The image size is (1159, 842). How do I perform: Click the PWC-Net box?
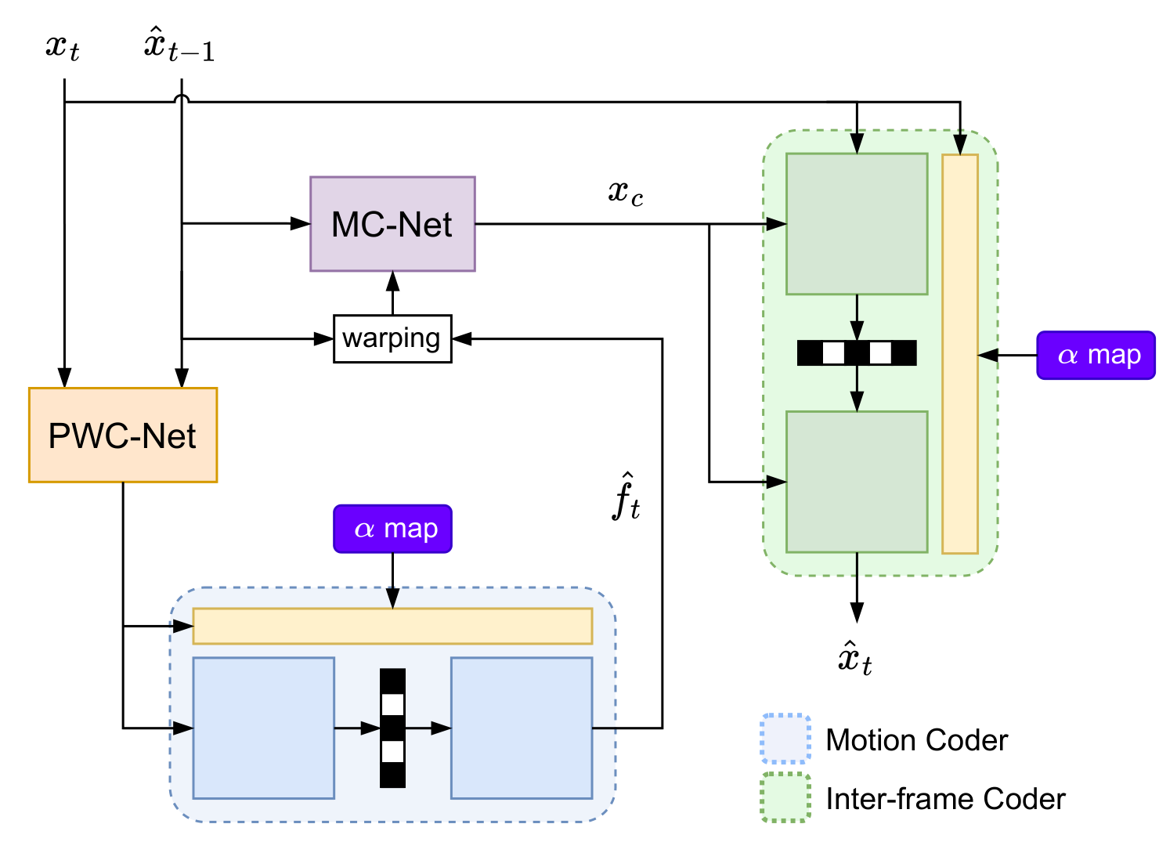click(123, 435)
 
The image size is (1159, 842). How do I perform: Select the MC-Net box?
click(392, 224)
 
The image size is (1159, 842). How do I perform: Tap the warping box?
click(392, 338)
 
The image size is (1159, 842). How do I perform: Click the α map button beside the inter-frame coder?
click(1096, 355)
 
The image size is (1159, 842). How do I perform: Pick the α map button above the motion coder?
click(392, 529)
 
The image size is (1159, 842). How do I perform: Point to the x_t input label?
click(63, 47)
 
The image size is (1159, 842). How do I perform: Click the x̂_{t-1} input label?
click(179, 45)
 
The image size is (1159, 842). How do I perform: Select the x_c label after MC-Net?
click(626, 192)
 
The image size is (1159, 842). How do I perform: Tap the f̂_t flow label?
click(626, 498)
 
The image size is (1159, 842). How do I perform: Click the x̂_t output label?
click(855, 658)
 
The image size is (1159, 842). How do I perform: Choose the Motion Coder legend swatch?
click(785, 739)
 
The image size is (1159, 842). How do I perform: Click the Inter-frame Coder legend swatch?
click(785, 798)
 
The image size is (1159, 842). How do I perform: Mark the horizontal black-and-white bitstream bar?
click(857, 353)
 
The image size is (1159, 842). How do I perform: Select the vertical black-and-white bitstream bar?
click(392, 728)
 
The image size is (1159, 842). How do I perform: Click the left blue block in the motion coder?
click(264, 728)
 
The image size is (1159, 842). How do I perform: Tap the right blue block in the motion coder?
click(522, 728)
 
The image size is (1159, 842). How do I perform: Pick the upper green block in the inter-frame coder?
click(857, 224)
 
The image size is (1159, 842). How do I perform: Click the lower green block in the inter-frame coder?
click(857, 482)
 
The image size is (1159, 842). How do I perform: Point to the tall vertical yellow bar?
click(960, 354)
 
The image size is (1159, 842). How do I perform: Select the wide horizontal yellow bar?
click(392, 626)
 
